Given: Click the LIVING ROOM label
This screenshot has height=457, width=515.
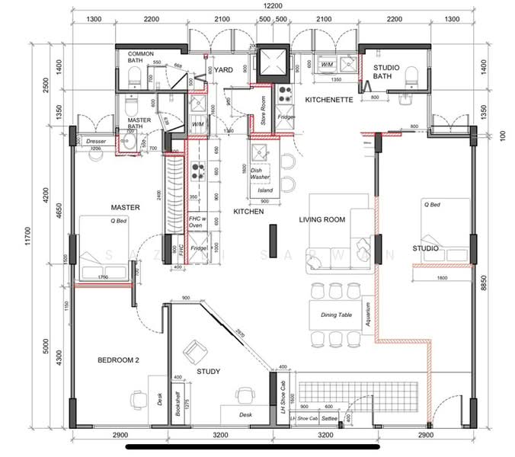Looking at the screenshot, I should [321, 220].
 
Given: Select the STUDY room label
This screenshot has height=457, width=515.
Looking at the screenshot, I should [208, 372].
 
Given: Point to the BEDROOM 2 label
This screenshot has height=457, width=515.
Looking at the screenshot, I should [118, 360].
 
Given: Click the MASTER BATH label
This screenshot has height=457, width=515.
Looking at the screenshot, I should [139, 123].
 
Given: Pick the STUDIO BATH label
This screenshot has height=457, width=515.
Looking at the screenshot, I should [387, 72].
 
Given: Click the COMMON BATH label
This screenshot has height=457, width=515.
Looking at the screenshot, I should [141, 58].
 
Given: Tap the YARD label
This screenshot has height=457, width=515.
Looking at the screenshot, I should [223, 70].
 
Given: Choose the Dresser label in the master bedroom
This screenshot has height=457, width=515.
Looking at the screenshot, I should [95, 142].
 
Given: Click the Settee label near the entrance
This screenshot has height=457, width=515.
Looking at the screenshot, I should [331, 418].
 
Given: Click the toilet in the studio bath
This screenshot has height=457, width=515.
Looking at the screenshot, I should [412, 75].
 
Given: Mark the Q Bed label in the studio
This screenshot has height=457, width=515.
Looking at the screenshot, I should [432, 205].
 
